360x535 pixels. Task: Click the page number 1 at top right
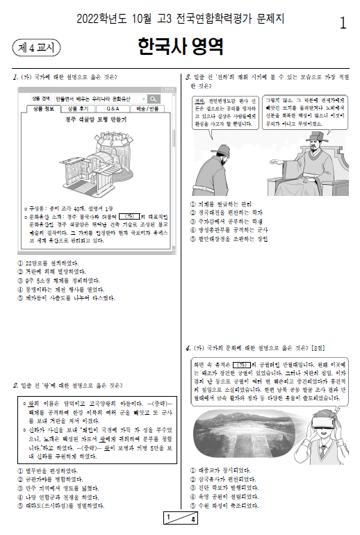342,23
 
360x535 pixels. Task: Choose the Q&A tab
112,109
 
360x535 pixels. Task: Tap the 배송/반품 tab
147,109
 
